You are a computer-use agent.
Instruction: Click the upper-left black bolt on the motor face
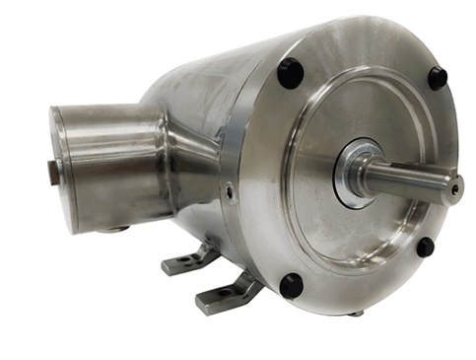[x=290, y=72]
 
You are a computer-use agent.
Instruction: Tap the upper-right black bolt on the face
[x=438, y=78]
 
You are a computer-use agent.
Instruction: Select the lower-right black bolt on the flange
[x=425, y=247]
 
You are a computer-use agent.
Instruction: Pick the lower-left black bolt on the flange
[x=291, y=285]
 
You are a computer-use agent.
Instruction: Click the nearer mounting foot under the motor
[x=229, y=293]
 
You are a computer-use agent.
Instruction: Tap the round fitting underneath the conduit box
[x=117, y=229]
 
